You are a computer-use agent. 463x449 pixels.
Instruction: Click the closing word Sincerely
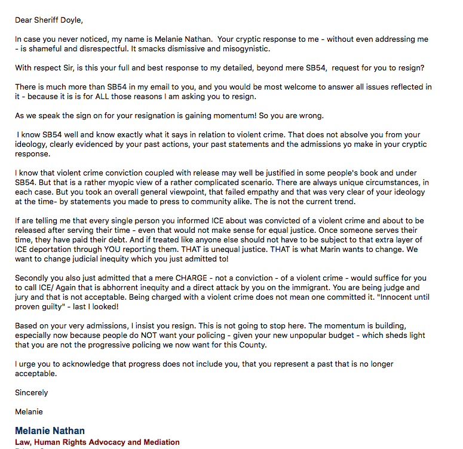click(x=32, y=392)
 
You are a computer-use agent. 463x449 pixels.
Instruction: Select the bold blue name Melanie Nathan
click(x=50, y=430)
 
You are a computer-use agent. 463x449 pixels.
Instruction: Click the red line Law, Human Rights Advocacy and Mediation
click(x=97, y=442)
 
